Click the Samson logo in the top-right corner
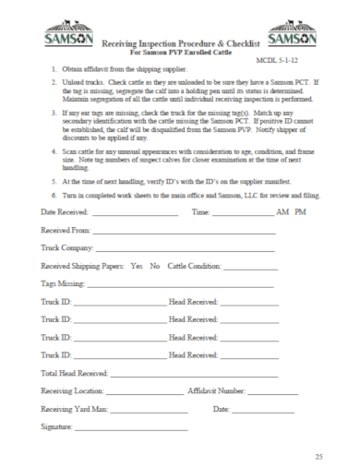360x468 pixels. (x=293, y=38)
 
